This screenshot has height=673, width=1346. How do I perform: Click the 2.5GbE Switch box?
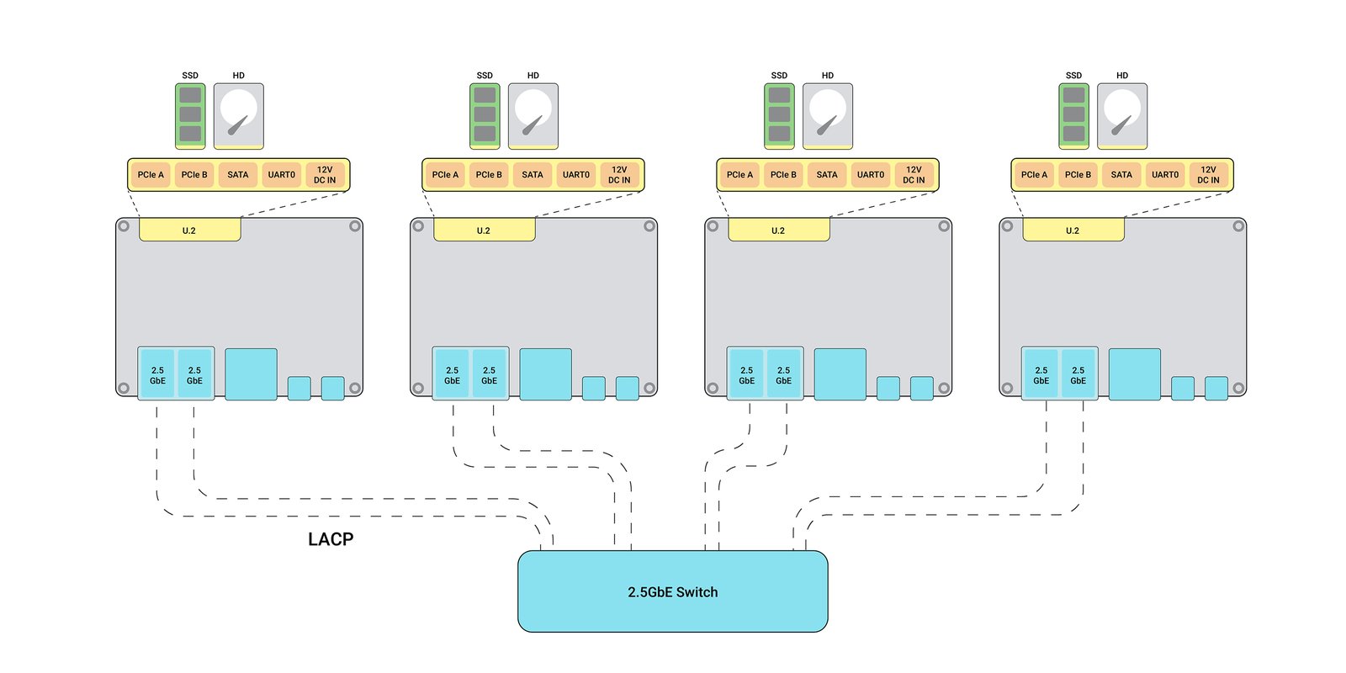(672, 591)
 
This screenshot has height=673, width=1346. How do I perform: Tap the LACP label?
(331, 539)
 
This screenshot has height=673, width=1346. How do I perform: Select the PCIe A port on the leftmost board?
(151, 175)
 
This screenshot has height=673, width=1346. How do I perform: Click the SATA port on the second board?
(533, 175)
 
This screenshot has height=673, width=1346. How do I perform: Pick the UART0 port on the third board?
(870, 175)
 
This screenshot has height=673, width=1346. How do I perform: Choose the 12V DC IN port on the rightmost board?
(1208, 175)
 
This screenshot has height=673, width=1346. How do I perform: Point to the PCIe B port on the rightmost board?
(1078, 175)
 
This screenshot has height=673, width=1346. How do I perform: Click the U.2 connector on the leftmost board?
(190, 231)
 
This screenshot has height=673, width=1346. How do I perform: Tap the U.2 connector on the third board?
(779, 231)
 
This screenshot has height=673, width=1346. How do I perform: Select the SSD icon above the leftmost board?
(190, 116)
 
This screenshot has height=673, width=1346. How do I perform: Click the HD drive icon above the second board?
(533, 116)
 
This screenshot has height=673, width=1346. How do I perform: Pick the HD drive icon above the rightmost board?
(1122, 116)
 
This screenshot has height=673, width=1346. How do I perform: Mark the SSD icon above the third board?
(779, 116)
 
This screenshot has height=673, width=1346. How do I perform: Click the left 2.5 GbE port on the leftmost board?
(157, 374)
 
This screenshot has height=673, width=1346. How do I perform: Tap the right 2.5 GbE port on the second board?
(489, 374)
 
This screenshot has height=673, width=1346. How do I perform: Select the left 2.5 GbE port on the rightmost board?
(1041, 374)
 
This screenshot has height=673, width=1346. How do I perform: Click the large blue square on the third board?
(840, 374)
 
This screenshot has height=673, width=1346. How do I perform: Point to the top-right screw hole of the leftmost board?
(355, 226)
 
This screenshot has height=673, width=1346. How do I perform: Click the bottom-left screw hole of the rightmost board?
(1007, 388)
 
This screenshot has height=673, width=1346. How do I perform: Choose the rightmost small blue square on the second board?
(628, 388)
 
